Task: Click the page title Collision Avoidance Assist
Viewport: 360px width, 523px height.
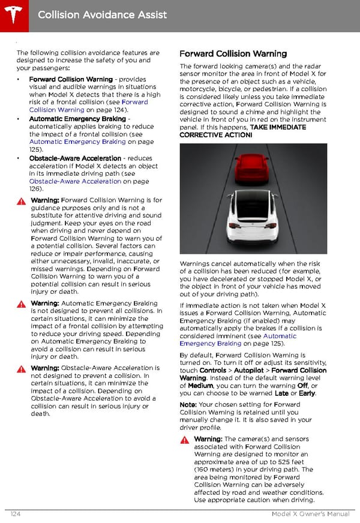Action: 102,14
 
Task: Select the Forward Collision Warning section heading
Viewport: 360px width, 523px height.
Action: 233,54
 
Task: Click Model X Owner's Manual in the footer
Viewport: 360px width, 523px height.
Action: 310,513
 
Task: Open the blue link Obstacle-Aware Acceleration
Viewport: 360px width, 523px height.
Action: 75,181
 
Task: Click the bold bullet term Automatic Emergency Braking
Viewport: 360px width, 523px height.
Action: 77,119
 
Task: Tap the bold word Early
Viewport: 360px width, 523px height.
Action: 307,393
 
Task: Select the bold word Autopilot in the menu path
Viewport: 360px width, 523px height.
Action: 244,370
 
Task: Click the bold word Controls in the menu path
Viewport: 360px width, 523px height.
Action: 212,370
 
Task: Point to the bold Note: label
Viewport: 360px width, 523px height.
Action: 188,405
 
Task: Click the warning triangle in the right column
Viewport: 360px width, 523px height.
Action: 185,440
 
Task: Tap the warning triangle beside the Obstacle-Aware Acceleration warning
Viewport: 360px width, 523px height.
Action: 22,368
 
